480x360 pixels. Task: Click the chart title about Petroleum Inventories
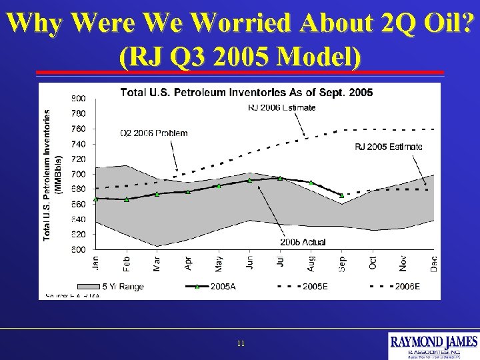pyautogui.click(x=246, y=92)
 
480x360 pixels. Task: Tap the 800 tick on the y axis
pyautogui.click(x=78, y=98)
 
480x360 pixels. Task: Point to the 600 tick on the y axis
pyautogui.click(x=78, y=249)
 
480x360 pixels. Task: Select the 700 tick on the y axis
pyautogui.click(x=78, y=174)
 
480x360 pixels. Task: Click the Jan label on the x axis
pyautogui.click(x=96, y=263)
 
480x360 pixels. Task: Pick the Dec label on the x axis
pyautogui.click(x=434, y=263)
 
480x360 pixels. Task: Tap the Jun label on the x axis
pyautogui.click(x=249, y=263)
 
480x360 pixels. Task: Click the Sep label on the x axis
pyautogui.click(x=341, y=263)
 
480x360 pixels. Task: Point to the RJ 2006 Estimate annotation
pyautogui.click(x=281, y=107)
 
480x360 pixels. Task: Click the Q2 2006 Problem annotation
pyautogui.click(x=153, y=133)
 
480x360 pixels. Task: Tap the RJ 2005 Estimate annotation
pyautogui.click(x=389, y=147)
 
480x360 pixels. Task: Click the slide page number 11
pyautogui.click(x=241, y=343)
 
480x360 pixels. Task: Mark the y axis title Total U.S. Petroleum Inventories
pyautogui.click(x=48, y=175)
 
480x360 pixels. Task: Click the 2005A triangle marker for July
pyautogui.click(x=280, y=178)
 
